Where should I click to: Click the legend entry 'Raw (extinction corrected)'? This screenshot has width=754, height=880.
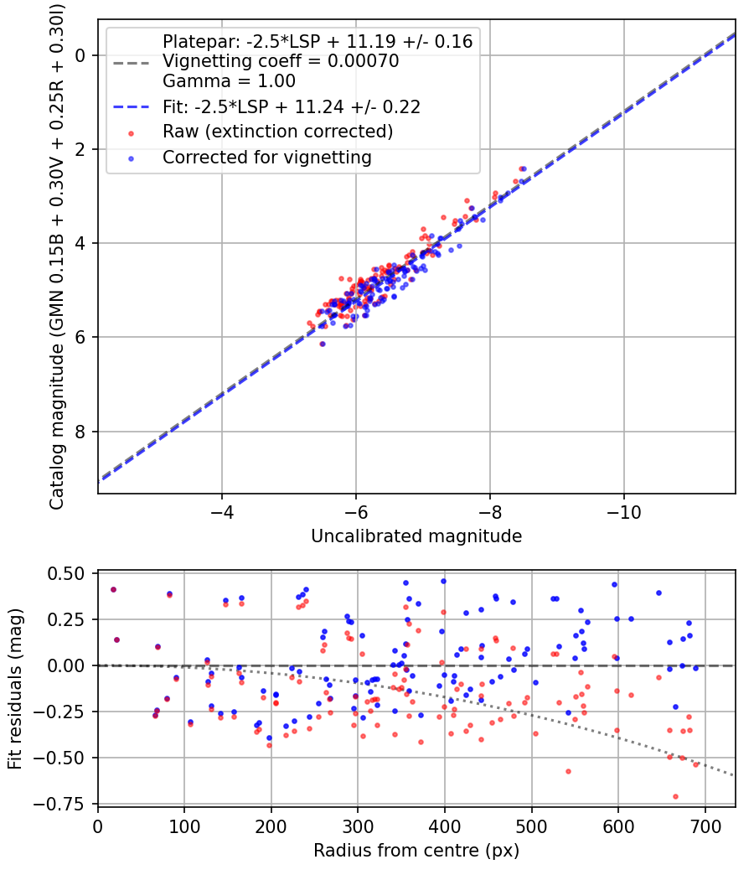click(277, 132)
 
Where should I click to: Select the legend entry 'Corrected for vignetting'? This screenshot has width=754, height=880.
click(266, 157)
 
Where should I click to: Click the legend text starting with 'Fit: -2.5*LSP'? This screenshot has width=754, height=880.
click(291, 106)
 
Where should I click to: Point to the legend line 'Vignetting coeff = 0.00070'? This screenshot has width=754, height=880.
click(281, 61)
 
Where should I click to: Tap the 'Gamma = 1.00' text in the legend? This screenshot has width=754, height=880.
click(229, 81)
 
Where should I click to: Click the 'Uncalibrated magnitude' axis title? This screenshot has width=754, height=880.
click(416, 536)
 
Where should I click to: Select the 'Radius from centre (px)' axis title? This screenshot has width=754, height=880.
click(416, 851)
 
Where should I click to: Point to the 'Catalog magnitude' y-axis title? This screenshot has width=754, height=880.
click(57, 256)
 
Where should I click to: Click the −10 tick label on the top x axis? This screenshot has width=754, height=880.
click(623, 510)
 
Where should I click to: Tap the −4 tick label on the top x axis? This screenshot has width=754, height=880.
click(222, 510)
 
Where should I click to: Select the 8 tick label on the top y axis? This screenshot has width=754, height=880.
click(81, 432)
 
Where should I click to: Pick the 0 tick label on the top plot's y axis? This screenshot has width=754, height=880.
click(81, 55)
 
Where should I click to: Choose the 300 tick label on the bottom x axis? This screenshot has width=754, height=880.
click(358, 825)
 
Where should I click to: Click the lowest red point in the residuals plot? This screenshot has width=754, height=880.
click(675, 796)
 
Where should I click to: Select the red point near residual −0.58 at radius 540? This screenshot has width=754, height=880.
click(568, 771)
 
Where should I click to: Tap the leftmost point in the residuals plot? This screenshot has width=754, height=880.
click(113, 589)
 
